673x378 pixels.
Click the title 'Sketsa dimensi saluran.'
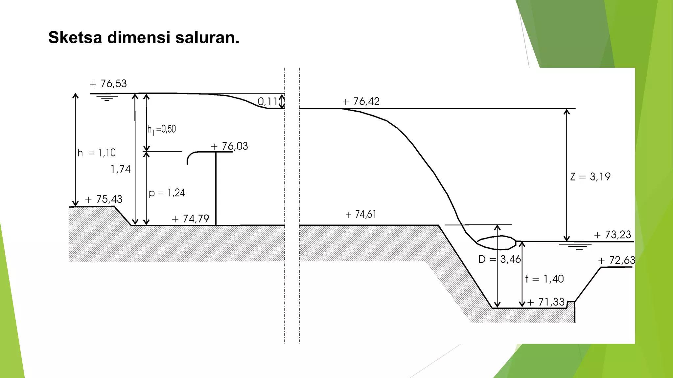(x=144, y=37)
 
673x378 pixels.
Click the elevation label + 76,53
(x=108, y=84)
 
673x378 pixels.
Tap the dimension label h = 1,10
(x=97, y=153)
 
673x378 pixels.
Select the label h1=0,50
(x=162, y=129)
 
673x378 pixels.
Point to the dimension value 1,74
(x=121, y=169)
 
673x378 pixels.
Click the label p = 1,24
(x=167, y=193)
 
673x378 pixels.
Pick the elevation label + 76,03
(x=229, y=146)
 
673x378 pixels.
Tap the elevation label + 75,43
(x=104, y=199)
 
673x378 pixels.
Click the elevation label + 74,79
(x=191, y=219)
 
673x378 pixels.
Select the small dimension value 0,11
(x=267, y=102)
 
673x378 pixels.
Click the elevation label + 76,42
(x=361, y=101)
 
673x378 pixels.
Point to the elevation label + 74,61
(x=361, y=215)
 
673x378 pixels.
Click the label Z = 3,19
(x=590, y=177)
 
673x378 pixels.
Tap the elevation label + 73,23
(x=613, y=235)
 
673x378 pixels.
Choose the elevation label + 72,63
(x=616, y=261)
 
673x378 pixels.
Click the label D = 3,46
(x=499, y=260)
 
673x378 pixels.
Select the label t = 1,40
(x=545, y=279)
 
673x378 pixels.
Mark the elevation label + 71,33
(x=546, y=302)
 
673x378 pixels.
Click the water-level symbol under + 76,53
(x=107, y=98)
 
